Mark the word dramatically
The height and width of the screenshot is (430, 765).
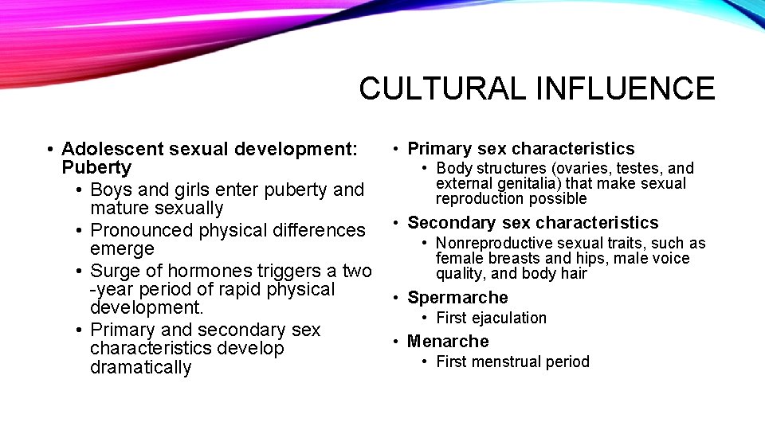141,367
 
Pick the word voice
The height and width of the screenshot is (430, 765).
672,258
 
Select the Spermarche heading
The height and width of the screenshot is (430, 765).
457,298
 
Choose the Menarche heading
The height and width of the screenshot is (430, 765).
448,342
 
